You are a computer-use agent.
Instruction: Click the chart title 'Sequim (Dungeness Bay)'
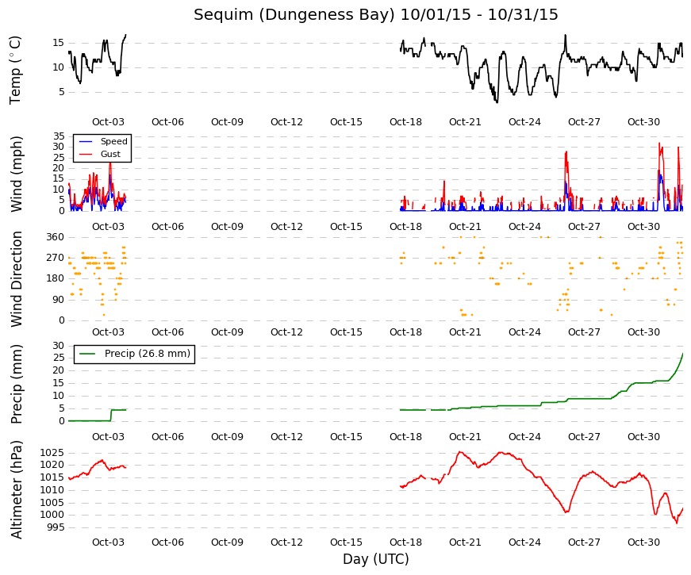coord(294,14)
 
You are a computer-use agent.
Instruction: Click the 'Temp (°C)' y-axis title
coord(15,71)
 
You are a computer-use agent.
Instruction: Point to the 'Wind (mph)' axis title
coord(16,174)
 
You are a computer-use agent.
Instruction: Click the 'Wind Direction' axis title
coord(17,279)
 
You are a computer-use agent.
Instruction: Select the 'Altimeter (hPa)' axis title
coord(17,490)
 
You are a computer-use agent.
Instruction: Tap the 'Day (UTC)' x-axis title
coord(376,559)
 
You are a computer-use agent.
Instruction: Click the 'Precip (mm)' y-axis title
coord(17,384)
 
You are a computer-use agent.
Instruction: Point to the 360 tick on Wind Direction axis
coord(56,237)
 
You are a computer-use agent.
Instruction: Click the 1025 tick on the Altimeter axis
coord(52,453)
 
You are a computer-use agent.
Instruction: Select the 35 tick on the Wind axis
coord(59,136)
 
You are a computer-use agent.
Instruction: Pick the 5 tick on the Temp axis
coord(61,92)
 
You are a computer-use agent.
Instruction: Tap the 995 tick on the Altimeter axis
coord(56,527)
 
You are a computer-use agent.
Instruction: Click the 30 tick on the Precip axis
coord(59,346)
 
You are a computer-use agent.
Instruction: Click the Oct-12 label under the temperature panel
coord(286,122)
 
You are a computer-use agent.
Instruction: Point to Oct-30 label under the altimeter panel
coord(643,542)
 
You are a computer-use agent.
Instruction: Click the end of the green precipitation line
coord(682,354)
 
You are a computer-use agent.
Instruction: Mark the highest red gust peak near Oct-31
coord(660,144)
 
